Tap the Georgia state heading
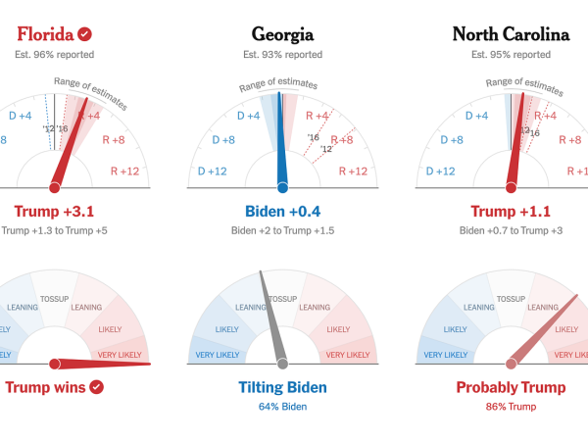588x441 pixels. click(x=282, y=34)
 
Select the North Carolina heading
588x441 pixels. click(x=511, y=34)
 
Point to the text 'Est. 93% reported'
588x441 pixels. click(x=282, y=55)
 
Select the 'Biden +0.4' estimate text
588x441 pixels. click(x=282, y=211)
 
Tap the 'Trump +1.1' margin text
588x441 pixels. click(x=511, y=211)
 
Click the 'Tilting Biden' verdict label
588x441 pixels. click(x=282, y=387)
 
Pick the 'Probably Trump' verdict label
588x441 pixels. click(x=511, y=387)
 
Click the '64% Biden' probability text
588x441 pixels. click(x=282, y=406)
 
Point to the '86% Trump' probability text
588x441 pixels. click(x=511, y=406)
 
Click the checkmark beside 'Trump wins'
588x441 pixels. click(x=96, y=387)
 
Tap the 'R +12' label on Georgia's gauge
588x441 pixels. click(x=353, y=171)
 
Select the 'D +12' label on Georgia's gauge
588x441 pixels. click(x=213, y=171)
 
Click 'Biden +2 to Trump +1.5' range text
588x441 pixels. click(x=282, y=230)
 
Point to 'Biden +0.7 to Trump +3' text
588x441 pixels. click(x=511, y=230)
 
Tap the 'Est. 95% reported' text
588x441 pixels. click(x=511, y=55)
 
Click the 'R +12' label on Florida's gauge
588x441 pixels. click(x=122, y=171)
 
